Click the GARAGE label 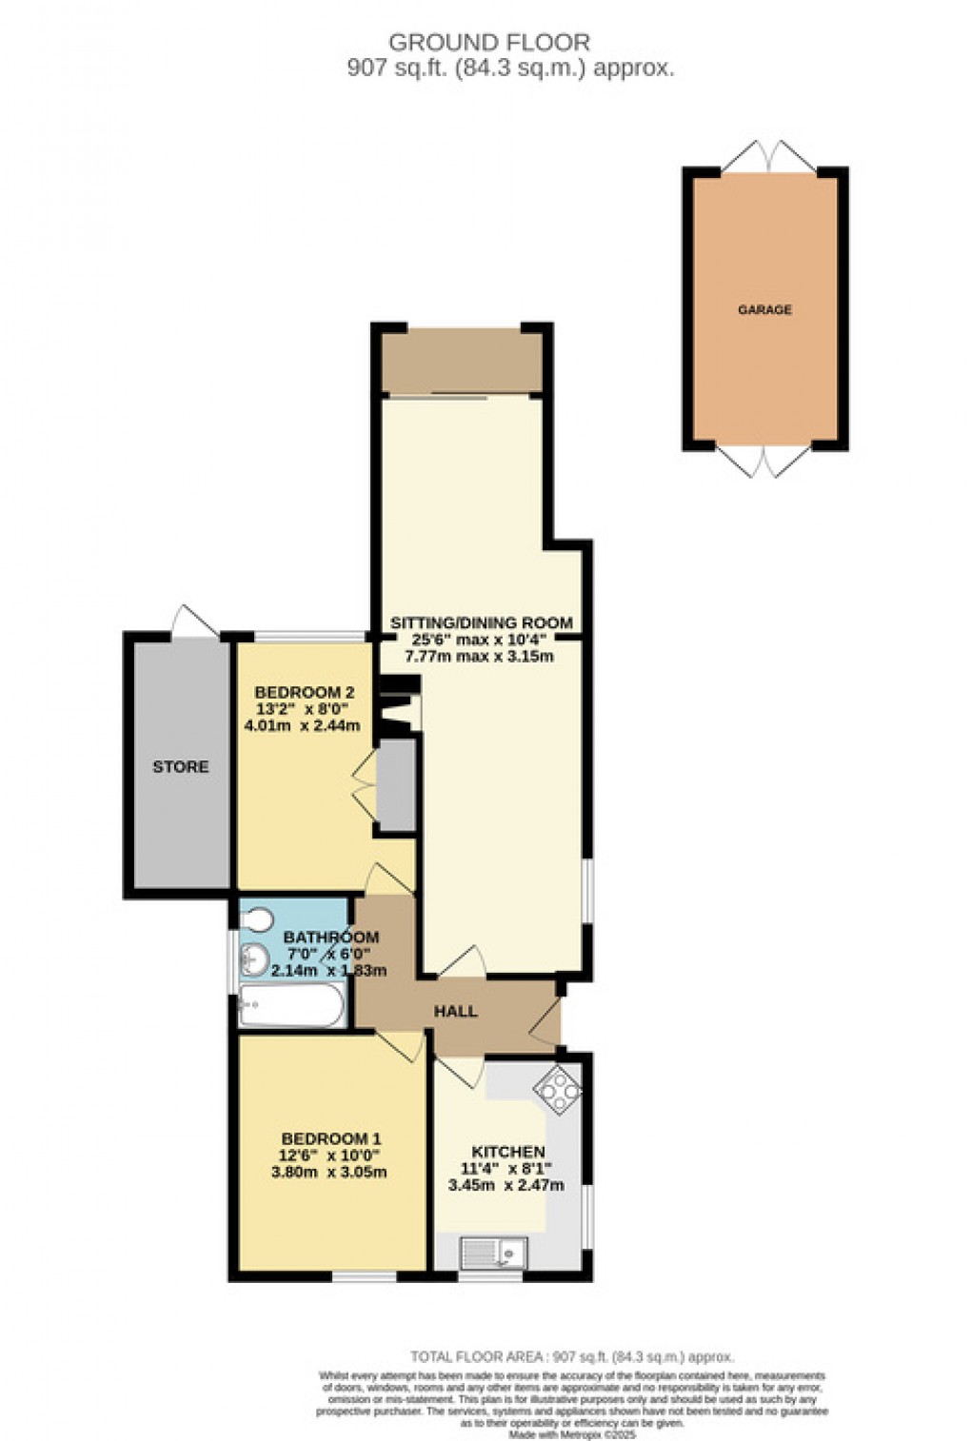[x=764, y=309]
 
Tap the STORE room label [x=181, y=766]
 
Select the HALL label [x=456, y=1011]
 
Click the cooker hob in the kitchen [x=559, y=1087]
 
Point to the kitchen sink [x=493, y=1250]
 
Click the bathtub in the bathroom [x=291, y=1006]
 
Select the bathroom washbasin [x=254, y=959]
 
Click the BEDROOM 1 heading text [x=331, y=1138]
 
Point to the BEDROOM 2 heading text [x=299, y=692]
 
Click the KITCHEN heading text [x=508, y=1152]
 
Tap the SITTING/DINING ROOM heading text [x=482, y=623]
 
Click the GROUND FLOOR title [x=489, y=42]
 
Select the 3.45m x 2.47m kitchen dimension [x=506, y=1185]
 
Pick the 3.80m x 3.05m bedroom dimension [x=329, y=1172]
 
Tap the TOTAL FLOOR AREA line [x=572, y=1357]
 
